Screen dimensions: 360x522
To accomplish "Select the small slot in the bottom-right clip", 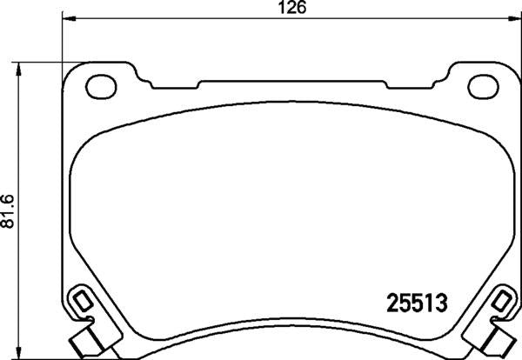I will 502,303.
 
